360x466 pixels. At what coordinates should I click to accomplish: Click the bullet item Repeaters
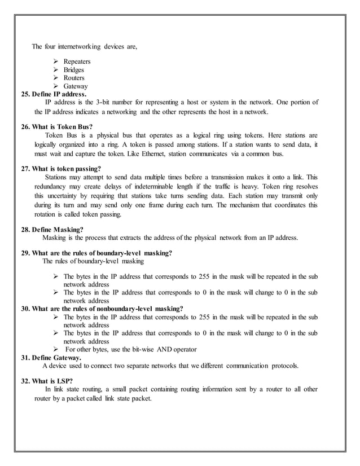point(77,61)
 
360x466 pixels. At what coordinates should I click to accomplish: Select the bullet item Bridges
point(74,70)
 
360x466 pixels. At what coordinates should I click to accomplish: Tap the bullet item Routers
point(74,78)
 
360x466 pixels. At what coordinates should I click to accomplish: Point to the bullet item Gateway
point(75,86)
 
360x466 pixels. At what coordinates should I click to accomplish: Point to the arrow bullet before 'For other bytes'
point(56,349)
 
